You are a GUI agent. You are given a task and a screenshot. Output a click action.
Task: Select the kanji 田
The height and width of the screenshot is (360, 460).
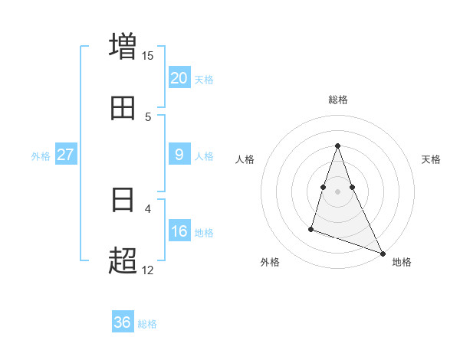(x=123, y=108)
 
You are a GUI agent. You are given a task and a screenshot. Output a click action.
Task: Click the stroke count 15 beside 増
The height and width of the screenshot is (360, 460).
(x=148, y=56)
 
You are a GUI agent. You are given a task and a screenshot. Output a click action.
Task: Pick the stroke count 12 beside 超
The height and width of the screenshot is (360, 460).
(x=148, y=270)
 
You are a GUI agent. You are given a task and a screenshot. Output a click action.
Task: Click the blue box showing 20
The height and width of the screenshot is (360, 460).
(x=179, y=78)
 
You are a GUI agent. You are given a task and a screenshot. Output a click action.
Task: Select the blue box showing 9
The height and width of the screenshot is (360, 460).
(x=179, y=155)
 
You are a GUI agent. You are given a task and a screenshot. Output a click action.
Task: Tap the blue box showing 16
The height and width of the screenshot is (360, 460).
(x=179, y=231)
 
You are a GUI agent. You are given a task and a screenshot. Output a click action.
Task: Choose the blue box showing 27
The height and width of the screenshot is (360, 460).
(x=66, y=155)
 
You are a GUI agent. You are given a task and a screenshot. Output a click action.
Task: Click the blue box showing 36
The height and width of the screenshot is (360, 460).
(x=123, y=322)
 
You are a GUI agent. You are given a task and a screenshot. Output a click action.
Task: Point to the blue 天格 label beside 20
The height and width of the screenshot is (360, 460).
(x=204, y=79)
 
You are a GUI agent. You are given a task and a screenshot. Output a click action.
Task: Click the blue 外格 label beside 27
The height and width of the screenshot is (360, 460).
(x=41, y=155)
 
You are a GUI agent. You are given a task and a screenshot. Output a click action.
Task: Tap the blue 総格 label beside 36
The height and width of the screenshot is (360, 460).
(x=147, y=323)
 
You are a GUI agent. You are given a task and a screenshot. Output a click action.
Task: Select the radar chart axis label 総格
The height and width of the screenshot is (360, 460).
(x=337, y=100)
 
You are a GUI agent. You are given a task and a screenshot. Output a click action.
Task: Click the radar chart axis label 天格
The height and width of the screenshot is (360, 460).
(x=431, y=159)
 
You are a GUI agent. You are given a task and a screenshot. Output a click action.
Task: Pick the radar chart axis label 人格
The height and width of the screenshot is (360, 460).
(x=245, y=159)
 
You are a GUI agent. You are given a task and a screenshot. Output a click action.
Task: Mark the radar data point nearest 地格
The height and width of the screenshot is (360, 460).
(x=382, y=253)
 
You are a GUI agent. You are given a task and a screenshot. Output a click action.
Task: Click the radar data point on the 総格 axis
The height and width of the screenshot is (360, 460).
(x=337, y=146)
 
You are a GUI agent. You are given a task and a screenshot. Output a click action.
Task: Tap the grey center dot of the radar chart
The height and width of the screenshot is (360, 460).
(x=337, y=189)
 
